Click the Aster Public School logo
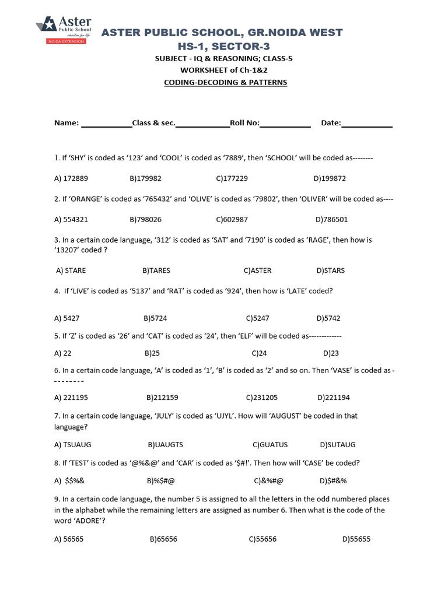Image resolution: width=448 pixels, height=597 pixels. pyautogui.click(x=61, y=29)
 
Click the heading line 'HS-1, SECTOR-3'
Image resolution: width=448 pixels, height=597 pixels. pyautogui.click(x=222, y=45)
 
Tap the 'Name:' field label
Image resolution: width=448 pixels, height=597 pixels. pyautogui.click(x=66, y=123)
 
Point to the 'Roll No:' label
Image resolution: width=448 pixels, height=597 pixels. pyautogui.click(x=245, y=123)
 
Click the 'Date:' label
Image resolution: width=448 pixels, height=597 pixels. pyautogui.click(x=331, y=123)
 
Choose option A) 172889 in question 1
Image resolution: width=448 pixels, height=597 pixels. pyautogui.click(x=71, y=178)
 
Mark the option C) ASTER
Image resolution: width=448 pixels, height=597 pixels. pyautogui.click(x=258, y=271)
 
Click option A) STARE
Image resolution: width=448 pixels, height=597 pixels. pyautogui.click(x=71, y=271)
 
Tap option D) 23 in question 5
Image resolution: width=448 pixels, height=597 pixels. pyautogui.click(x=331, y=353)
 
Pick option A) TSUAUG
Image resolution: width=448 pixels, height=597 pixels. pyautogui.click(x=73, y=444)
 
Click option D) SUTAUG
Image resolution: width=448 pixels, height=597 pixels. pyautogui.click(x=338, y=444)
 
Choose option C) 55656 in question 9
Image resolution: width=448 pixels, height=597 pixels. pyautogui.click(x=262, y=539)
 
